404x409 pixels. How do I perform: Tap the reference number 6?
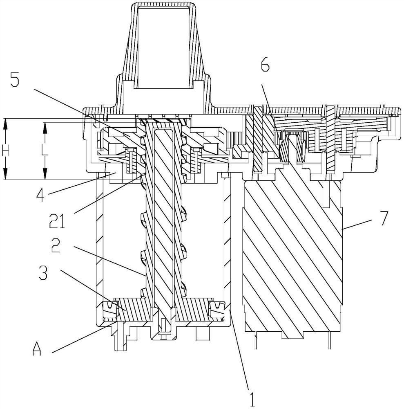pyautogui.click(x=265, y=63)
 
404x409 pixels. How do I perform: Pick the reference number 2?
pyautogui.click(x=56, y=246)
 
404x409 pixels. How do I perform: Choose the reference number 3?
pyautogui.click(x=43, y=272)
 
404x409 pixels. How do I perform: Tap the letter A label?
pyautogui.click(x=37, y=349)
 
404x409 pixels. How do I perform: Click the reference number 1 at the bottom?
pyautogui.click(x=252, y=398)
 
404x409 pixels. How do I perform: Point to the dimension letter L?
pyautogui.click(x=45, y=151)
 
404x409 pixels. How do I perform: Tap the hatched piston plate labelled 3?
pyautogui.click(x=164, y=309)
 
